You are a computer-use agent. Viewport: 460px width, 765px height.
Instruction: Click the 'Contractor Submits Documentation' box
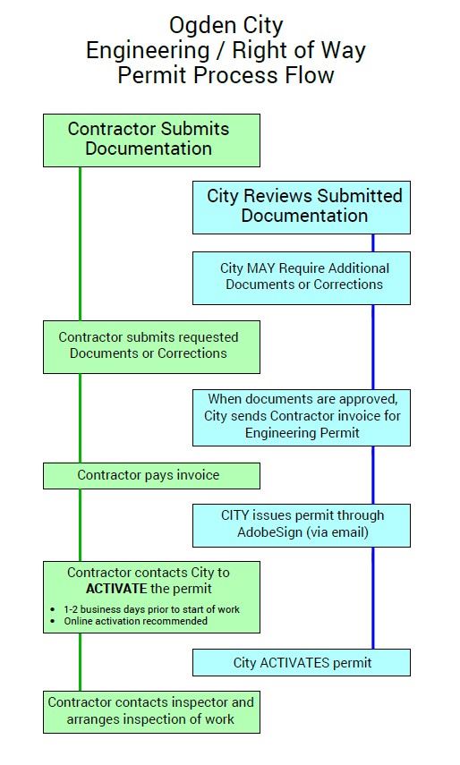tap(151, 140)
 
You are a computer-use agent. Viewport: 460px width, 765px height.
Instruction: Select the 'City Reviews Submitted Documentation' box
tap(302, 207)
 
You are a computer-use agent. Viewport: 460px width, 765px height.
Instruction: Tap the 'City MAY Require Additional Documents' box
tap(302, 277)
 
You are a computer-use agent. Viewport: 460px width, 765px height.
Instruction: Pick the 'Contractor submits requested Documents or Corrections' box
tap(151, 346)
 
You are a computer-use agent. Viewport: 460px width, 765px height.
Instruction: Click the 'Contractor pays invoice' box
tap(151, 475)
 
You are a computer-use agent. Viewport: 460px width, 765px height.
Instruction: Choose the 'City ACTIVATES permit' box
tap(302, 663)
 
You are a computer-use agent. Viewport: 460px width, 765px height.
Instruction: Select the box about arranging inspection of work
tap(151, 711)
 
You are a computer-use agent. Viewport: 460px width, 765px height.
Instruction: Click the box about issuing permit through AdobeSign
tap(302, 524)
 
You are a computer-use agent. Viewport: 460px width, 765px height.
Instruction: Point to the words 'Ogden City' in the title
tap(226, 24)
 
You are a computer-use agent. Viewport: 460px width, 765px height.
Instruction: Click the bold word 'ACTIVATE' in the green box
tap(117, 589)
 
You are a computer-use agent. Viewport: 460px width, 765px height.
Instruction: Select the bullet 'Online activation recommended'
tap(136, 620)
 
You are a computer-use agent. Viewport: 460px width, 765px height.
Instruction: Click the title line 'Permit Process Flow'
tap(226, 75)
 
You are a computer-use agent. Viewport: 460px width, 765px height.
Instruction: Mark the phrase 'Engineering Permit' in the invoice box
tap(302, 433)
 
